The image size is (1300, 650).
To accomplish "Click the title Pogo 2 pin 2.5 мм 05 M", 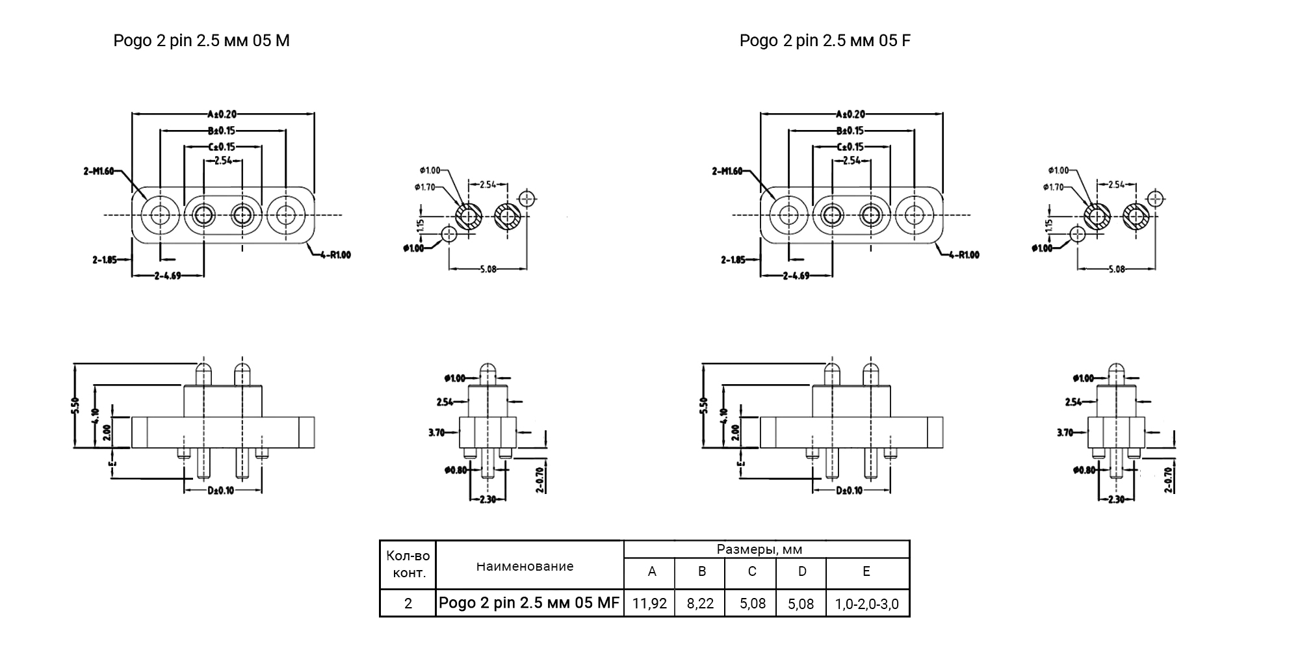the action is click(201, 41).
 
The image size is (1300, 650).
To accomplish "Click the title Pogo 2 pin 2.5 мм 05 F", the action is click(825, 41).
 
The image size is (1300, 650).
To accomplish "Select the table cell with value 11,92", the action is click(649, 603).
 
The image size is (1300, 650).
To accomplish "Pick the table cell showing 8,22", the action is click(700, 603).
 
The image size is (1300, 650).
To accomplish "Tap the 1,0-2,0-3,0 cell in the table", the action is click(867, 604).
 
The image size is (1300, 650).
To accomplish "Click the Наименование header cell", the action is click(525, 566).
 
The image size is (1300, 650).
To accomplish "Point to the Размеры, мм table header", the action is click(759, 549).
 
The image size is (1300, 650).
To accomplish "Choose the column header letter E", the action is click(866, 571).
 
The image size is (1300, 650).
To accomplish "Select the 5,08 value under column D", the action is click(801, 604).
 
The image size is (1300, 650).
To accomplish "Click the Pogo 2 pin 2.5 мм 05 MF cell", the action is click(529, 603).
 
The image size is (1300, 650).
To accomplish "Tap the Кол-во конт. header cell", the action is click(408, 564).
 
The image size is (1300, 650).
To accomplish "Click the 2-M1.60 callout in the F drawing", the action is click(727, 172).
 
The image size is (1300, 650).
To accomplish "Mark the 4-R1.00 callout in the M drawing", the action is click(335, 255).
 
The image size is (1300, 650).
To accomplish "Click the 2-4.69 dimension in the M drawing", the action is click(168, 276).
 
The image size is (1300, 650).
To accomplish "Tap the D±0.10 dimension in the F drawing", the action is click(849, 490).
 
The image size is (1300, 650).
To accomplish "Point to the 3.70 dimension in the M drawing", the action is click(437, 432).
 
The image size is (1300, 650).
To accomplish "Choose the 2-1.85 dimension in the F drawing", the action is click(733, 260).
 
